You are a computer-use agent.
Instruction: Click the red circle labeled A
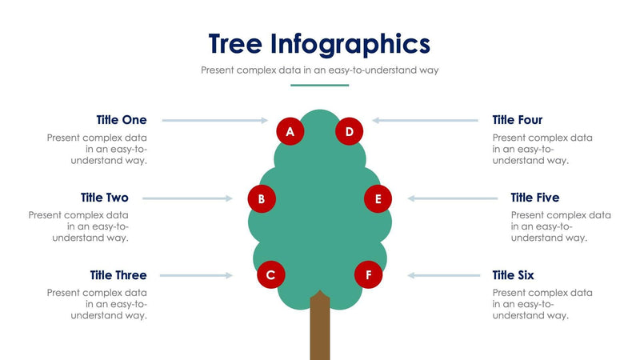(290, 130)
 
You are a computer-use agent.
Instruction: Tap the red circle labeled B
(262, 198)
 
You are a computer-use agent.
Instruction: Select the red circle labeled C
(271, 275)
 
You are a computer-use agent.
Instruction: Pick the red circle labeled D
(350, 130)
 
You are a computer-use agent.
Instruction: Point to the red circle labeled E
(378, 198)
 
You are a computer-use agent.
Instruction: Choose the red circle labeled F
(368, 275)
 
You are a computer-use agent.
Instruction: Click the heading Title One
(122, 120)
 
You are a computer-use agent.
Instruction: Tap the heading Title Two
(104, 198)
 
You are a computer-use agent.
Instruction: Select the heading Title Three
(118, 275)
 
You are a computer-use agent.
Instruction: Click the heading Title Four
(518, 120)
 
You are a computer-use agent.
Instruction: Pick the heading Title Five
(535, 198)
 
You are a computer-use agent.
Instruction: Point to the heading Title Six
(513, 275)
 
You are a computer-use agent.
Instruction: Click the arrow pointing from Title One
(214, 121)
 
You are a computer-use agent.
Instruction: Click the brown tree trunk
(320, 328)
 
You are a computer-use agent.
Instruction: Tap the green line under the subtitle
(319, 85)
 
